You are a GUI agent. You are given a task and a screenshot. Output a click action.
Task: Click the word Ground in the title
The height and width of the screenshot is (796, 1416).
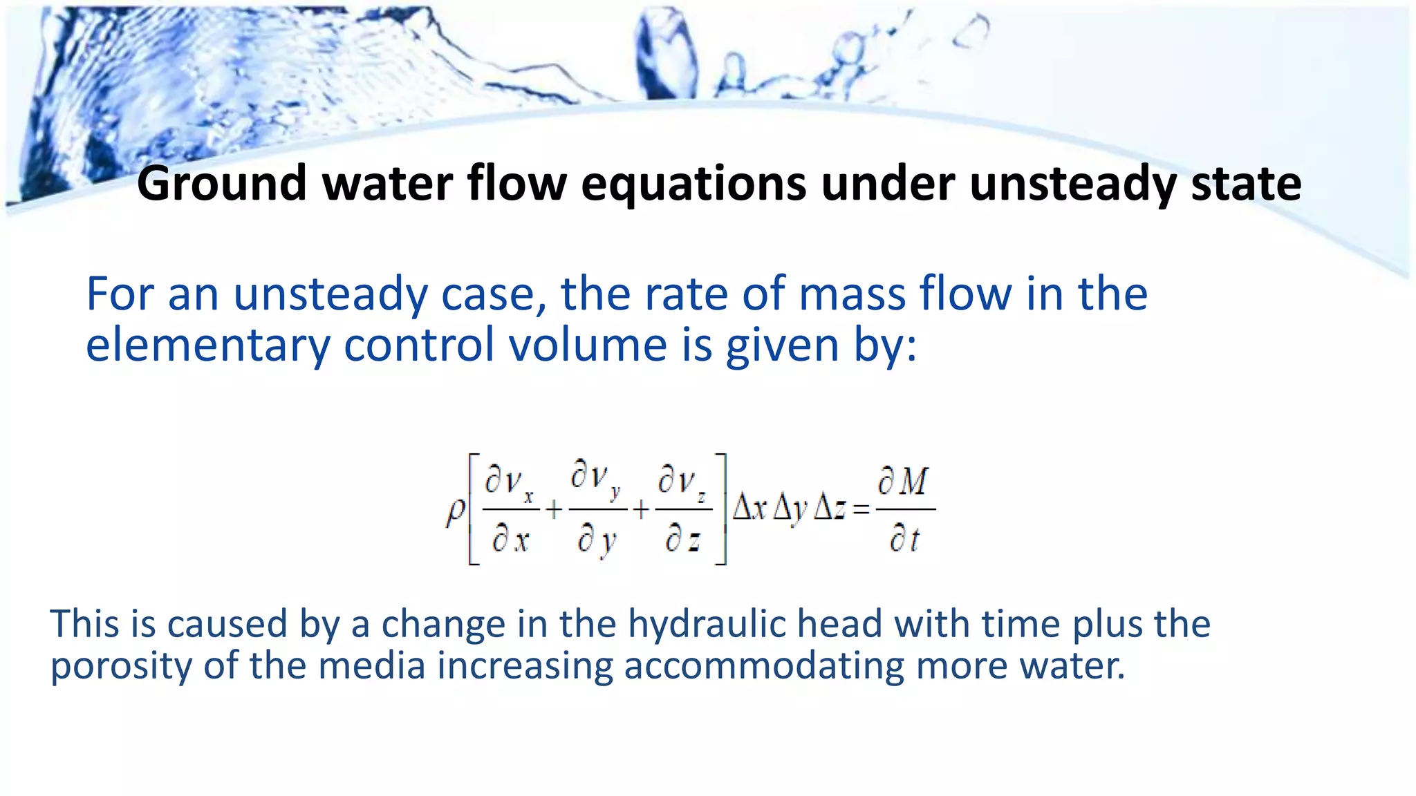point(221,184)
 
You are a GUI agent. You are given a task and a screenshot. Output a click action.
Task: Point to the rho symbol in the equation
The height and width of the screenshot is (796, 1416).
point(455,512)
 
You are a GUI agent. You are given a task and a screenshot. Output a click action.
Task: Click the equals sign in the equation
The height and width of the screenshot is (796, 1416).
point(861,511)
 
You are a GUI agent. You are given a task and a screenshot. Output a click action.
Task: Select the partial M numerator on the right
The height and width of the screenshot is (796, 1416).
point(904,482)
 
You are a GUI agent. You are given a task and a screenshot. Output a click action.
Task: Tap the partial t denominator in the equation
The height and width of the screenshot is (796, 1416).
point(904,539)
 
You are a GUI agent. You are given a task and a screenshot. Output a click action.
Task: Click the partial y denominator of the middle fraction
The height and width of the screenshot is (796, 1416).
point(596,540)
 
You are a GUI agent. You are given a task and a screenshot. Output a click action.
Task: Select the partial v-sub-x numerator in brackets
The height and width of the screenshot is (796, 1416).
point(510,482)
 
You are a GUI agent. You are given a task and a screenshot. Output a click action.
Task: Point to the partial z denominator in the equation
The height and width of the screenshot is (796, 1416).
point(683,540)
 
